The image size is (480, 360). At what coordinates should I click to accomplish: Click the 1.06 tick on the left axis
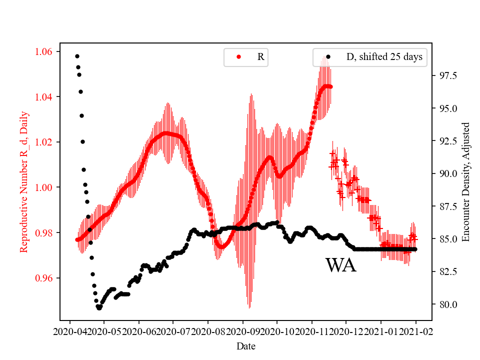coord(45,51)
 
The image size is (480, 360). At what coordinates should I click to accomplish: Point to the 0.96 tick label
coord(45,278)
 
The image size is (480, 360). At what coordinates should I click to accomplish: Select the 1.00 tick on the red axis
coord(45,187)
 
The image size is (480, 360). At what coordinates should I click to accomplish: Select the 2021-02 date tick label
coord(415,331)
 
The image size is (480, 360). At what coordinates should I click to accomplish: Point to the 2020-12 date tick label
coord(346,331)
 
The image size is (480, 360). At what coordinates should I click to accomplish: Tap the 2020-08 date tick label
coord(207,331)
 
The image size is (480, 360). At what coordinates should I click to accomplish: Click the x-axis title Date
coord(245,345)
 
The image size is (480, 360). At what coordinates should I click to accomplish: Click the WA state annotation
coord(340,265)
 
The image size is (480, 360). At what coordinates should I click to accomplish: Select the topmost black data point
coord(77,56)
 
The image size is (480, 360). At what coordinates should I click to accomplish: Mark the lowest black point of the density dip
coord(99,308)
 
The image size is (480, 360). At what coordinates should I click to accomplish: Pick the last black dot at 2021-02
coord(415,249)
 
